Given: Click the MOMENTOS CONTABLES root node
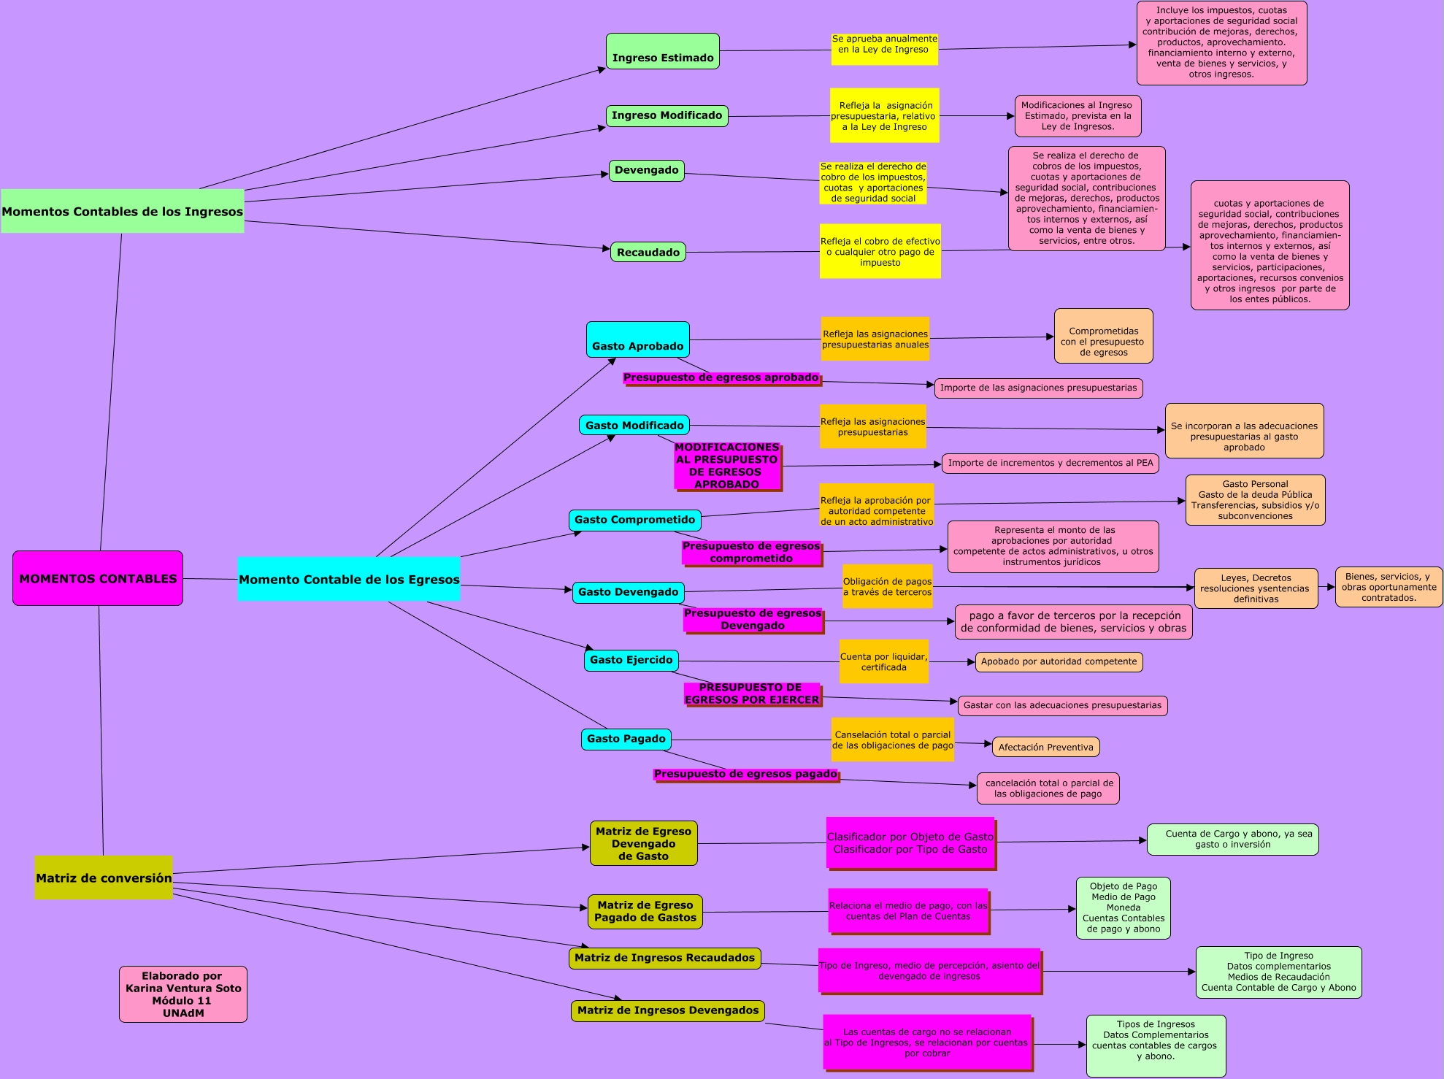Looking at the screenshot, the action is pos(98,578).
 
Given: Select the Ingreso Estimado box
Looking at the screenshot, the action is pos(662,51).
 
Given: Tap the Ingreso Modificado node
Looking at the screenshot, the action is pos(667,115).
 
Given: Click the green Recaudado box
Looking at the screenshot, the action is pos(648,252).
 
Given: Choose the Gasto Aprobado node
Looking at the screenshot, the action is pos(637,339).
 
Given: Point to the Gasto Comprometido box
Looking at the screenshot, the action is pos(634,520).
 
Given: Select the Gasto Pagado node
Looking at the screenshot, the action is pos(626,739).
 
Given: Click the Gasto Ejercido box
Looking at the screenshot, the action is pos(631,660).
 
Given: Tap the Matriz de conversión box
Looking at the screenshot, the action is pos(104,878).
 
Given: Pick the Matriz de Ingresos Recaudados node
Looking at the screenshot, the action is pos(664,958).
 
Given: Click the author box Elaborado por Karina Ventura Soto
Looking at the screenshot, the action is pos(183,994).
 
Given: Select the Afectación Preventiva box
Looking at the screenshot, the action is pos(1045,747).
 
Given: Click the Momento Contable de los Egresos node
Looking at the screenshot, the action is pos(349,579).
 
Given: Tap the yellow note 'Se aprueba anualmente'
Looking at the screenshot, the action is pos(884,49).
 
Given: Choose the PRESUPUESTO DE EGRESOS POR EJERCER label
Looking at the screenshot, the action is pos(752,694).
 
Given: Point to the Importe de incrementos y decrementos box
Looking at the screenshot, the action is pos(1050,463).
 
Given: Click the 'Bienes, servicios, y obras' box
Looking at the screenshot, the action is pos(1389,587).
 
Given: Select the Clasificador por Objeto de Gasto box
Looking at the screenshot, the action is pos(910,843).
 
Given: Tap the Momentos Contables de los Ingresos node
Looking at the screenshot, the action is pos(122,211).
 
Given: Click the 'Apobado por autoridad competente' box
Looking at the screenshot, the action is pos(1059,661).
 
